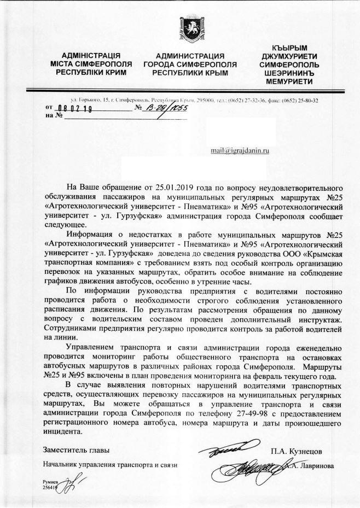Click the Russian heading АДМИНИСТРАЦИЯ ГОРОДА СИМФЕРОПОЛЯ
pyautogui.click(x=190, y=64)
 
